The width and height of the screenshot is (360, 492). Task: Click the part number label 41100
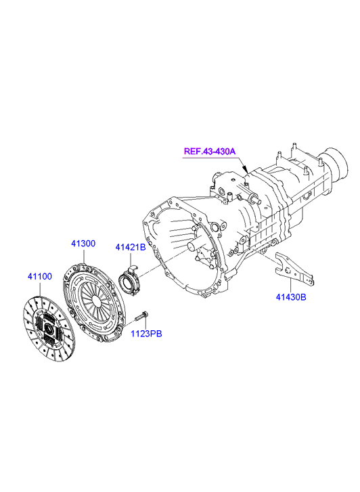point(39,276)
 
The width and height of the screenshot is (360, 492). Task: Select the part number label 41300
point(83,244)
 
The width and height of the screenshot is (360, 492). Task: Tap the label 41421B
point(131,247)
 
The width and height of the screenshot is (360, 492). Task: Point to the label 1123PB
point(146,334)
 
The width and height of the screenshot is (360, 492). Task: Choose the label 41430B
point(291,297)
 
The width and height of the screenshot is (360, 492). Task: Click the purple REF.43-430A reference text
point(209,151)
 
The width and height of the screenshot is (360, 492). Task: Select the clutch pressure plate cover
point(94,303)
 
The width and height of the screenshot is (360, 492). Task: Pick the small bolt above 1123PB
point(141,316)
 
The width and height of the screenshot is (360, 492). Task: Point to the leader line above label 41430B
point(291,285)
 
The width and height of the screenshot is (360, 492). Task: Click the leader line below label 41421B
point(130,259)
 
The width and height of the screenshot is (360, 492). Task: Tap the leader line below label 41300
point(84,255)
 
